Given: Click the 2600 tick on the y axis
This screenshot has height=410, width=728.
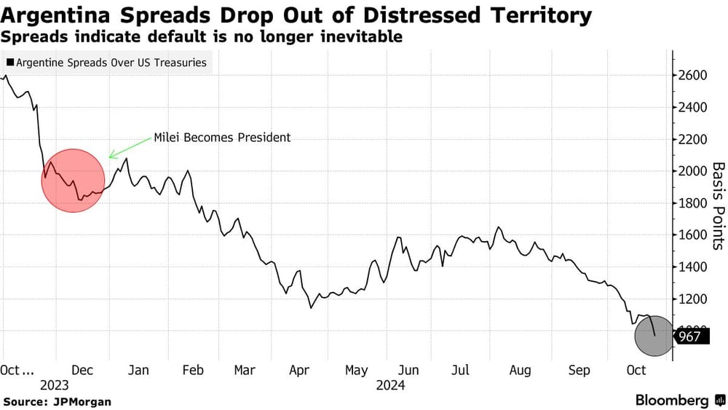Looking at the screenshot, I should (694, 76).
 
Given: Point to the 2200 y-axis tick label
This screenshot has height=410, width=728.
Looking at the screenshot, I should (694, 139).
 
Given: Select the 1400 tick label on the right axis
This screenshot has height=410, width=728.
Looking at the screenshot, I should (694, 267).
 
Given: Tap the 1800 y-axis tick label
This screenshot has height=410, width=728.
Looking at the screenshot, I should (694, 203).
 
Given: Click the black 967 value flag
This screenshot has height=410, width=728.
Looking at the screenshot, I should (690, 336).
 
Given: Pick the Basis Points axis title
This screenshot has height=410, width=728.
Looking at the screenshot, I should (717, 205).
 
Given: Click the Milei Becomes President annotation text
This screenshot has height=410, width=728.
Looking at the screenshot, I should (221, 137).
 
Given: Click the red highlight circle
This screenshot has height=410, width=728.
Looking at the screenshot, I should (73, 180).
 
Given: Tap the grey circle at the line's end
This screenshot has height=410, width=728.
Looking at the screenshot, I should (654, 336).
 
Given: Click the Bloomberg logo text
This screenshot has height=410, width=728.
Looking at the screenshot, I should (672, 401).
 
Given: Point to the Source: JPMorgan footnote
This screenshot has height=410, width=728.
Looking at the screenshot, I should (58, 401).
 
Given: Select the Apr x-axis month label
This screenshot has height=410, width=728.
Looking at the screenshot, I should (299, 370).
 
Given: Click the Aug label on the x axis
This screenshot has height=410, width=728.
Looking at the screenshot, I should (520, 370).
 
